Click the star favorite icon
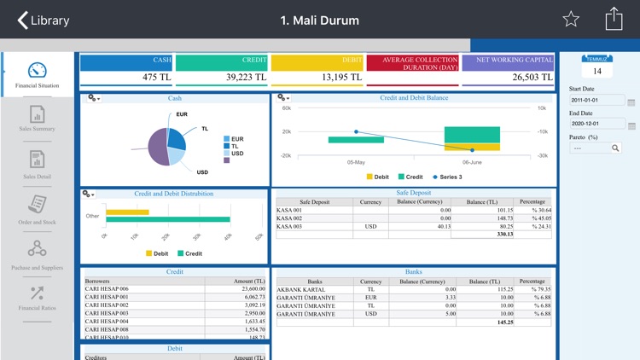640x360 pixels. tap(571, 20)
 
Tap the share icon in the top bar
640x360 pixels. tap(614, 19)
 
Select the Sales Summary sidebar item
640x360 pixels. tap(37, 119)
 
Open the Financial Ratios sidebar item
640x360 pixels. tap(37, 298)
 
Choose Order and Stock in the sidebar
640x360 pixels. tap(37, 208)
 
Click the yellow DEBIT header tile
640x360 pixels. tap(317, 61)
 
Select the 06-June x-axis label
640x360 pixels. tap(472, 162)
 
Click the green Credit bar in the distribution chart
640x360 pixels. tap(167, 219)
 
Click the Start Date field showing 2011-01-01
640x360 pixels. tap(596, 101)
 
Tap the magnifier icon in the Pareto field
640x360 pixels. tap(615, 148)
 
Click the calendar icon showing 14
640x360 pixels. tap(597, 67)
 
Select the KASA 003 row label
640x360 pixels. tap(290, 226)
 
